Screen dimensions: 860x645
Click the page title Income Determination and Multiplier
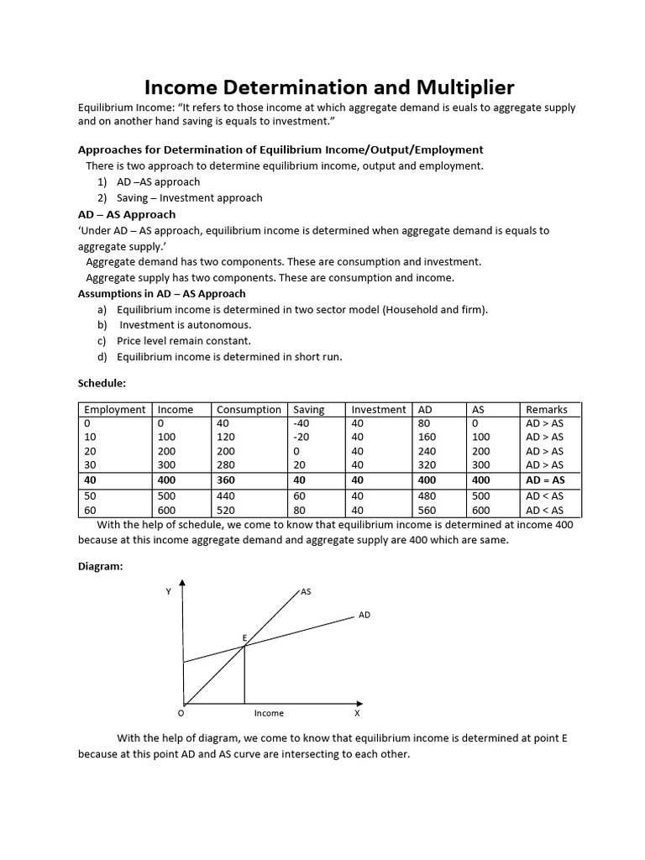click(x=329, y=87)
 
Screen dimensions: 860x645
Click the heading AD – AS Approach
click(x=126, y=214)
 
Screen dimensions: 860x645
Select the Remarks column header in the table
click(x=546, y=410)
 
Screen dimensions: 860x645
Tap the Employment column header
click(x=114, y=410)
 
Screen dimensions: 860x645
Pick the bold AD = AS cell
click(x=545, y=480)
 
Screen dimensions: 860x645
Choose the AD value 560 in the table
click(x=428, y=510)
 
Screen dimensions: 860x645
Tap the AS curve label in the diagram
click(x=306, y=592)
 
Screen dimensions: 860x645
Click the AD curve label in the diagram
click(x=364, y=615)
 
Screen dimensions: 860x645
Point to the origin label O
click(x=180, y=713)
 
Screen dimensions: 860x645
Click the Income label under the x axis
click(x=269, y=713)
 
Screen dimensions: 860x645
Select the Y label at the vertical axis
click(x=168, y=592)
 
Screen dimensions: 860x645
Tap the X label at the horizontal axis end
click(x=357, y=713)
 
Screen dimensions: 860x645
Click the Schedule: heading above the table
click(x=102, y=382)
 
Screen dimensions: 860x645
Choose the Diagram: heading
click(x=100, y=567)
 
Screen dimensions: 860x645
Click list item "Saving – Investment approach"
click(x=189, y=198)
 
